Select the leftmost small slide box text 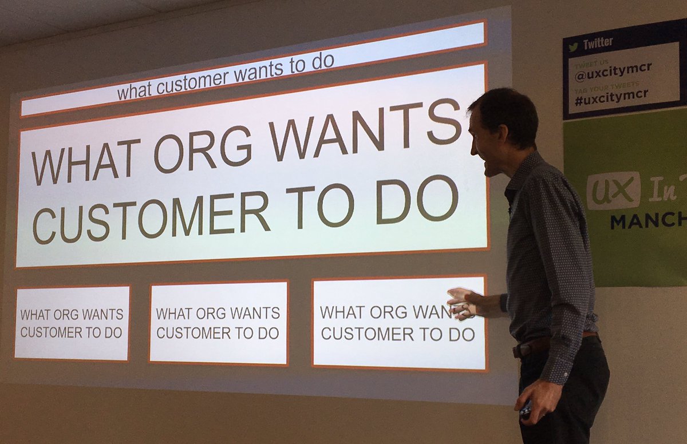coord(72,323)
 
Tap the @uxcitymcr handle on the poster coord(607,74)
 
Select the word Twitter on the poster coord(598,43)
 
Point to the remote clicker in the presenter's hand coord(526,408)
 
